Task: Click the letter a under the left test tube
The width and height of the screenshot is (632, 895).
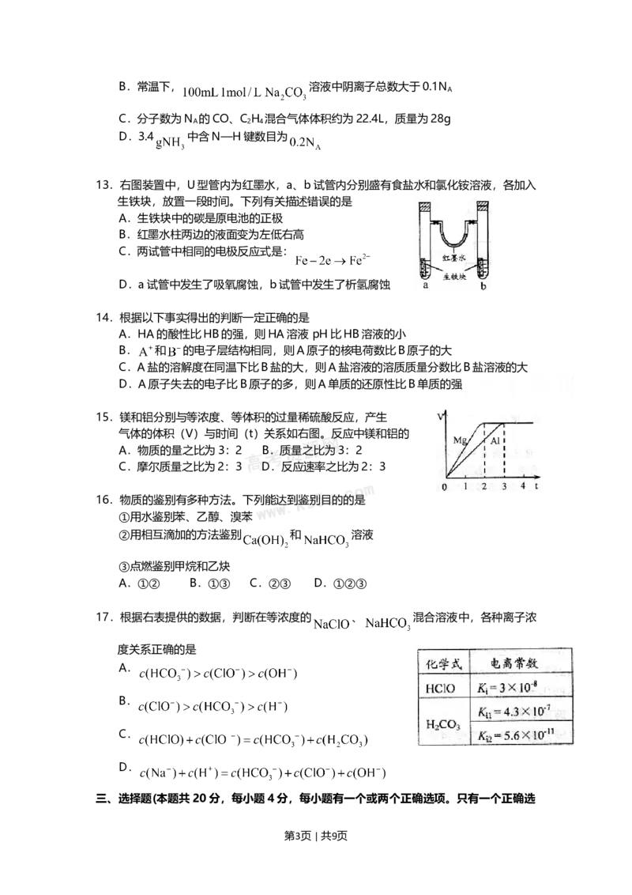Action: pyautogui.click(x=426, y=287)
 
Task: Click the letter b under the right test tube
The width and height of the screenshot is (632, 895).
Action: pyautogui.click(x=483, y=287)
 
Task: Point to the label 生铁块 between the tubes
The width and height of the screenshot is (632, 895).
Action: pyautogui.click(x=455, y=276)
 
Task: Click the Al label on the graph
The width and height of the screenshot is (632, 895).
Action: pyautogui.click(x=495, y=440)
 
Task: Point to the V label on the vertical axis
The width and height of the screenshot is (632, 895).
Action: pyautogui.click(x=439, y=415)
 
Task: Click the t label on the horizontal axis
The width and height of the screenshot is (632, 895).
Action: pyautogui.click(x=536, y=487)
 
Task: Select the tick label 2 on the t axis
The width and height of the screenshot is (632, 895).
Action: pyautogui.click(x=484, y=488)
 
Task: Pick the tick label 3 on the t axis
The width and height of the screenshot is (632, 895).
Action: pyautogui.click(x=504, y=488)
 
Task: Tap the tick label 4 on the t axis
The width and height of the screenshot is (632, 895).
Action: pyautogui.click(x=523, y=488)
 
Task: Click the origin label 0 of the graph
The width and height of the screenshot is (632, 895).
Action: pyautogui.click(x=444, y=488)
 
